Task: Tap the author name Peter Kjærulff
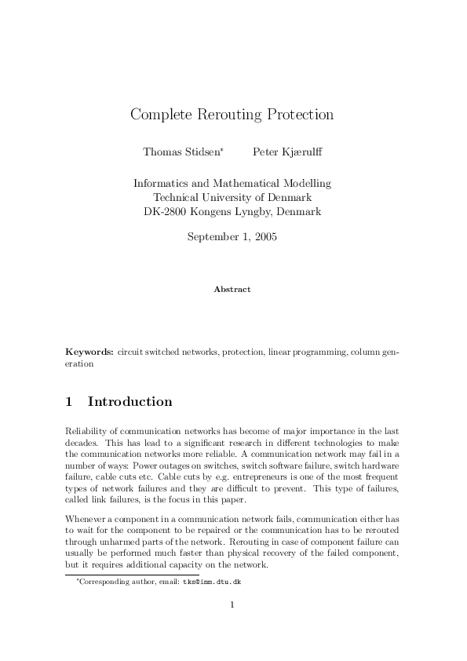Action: [x=287, y=151]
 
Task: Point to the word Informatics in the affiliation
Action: [x=161, y=183]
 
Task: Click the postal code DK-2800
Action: [x=166, y=212]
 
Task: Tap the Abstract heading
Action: [x=232, y=289]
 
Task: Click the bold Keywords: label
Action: [x=89, y=353]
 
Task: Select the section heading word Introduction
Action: [x=130, y=402]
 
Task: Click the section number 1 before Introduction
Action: [x=69, y=402]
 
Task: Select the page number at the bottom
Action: [x=232, y=604]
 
